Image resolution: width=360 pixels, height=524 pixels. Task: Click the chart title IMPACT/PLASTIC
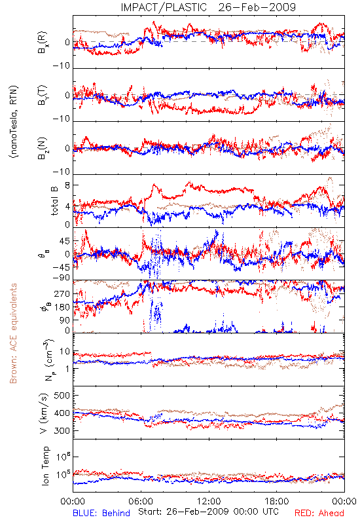click(164, 7)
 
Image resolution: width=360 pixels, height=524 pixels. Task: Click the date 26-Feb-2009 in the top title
click(257, 7)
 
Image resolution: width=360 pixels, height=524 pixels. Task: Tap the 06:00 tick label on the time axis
click(141, 501)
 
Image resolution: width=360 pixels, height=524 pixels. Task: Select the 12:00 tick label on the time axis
click(209, 501)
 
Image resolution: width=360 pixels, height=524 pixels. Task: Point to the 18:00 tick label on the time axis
click(277, 501)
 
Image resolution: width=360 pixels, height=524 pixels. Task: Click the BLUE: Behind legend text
click(101, 513)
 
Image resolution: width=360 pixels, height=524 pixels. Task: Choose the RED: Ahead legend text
click(319, 513)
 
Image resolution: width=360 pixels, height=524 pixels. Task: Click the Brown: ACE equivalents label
click(13, 333)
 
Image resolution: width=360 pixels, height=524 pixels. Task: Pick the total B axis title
click(54, 201)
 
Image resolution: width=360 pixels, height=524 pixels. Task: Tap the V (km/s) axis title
click(44, 413)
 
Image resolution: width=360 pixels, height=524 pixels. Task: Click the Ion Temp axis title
click(45, 466)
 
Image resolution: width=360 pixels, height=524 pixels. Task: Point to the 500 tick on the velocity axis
click(62, 396)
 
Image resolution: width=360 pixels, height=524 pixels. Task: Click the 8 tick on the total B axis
click(67, 186)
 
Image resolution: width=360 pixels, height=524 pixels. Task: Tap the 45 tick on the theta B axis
click(65, 241)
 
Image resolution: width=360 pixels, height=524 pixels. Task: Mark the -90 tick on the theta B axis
click(62, 278)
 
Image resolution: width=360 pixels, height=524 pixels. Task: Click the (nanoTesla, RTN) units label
click(14, 122)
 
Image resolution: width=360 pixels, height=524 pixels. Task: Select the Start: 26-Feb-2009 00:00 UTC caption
click(208, 512)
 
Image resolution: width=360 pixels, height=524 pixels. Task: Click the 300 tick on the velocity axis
click(62, 431)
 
